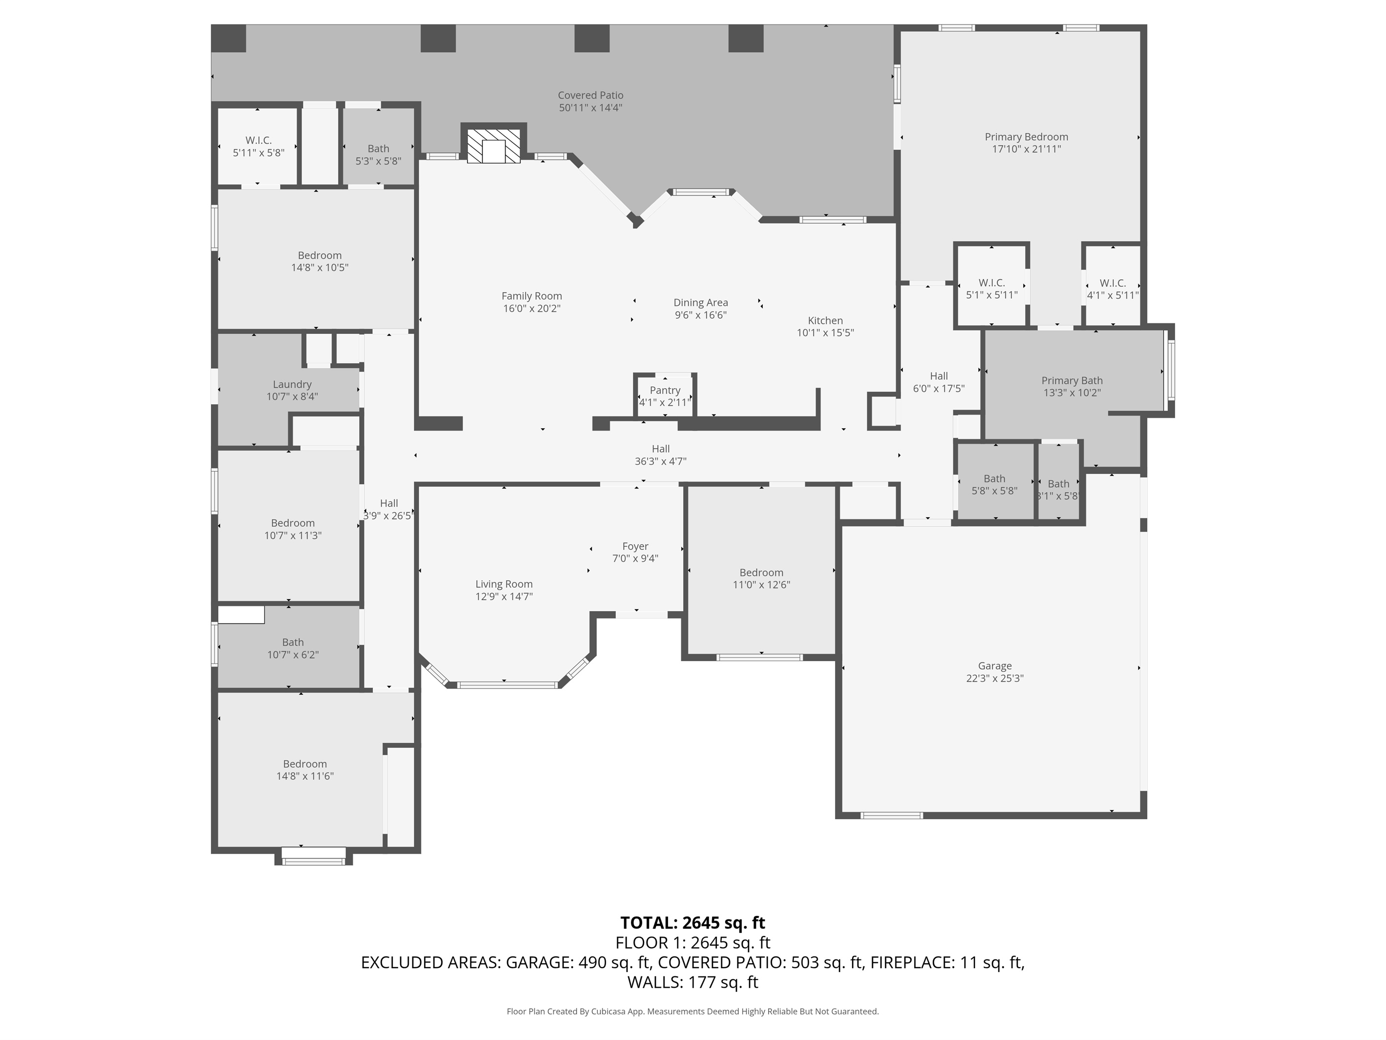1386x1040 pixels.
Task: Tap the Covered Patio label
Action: pos(590,95)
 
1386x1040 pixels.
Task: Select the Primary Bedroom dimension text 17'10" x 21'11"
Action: pos(1026,149)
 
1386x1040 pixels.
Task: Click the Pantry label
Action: pos(664,390)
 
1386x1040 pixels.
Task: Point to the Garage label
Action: pos(995,666)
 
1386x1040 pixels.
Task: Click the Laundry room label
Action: pos(292,384)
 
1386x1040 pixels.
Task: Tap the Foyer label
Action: pos(635,546)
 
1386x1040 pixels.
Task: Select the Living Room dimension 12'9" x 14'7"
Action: pos(504,596)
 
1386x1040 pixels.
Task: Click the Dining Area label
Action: pos(700,303)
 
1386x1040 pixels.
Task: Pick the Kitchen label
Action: pos(825,320)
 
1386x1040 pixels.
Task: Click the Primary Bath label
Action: pos(1071,380)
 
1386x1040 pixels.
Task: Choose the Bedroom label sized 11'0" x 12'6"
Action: pos(761,572)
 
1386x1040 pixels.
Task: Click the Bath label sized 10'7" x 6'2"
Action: pos(293,642)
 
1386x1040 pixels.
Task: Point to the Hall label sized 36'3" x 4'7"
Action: pos(660,449)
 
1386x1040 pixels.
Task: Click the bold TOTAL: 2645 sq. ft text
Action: pos(693,923)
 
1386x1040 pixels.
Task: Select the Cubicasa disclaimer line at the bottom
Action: pos(693,1011)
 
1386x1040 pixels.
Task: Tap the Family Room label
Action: pos(531,296)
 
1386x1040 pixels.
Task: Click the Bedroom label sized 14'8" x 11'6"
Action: pos(305,764)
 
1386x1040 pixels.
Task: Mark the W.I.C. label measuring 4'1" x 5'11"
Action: pos(1112,283)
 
